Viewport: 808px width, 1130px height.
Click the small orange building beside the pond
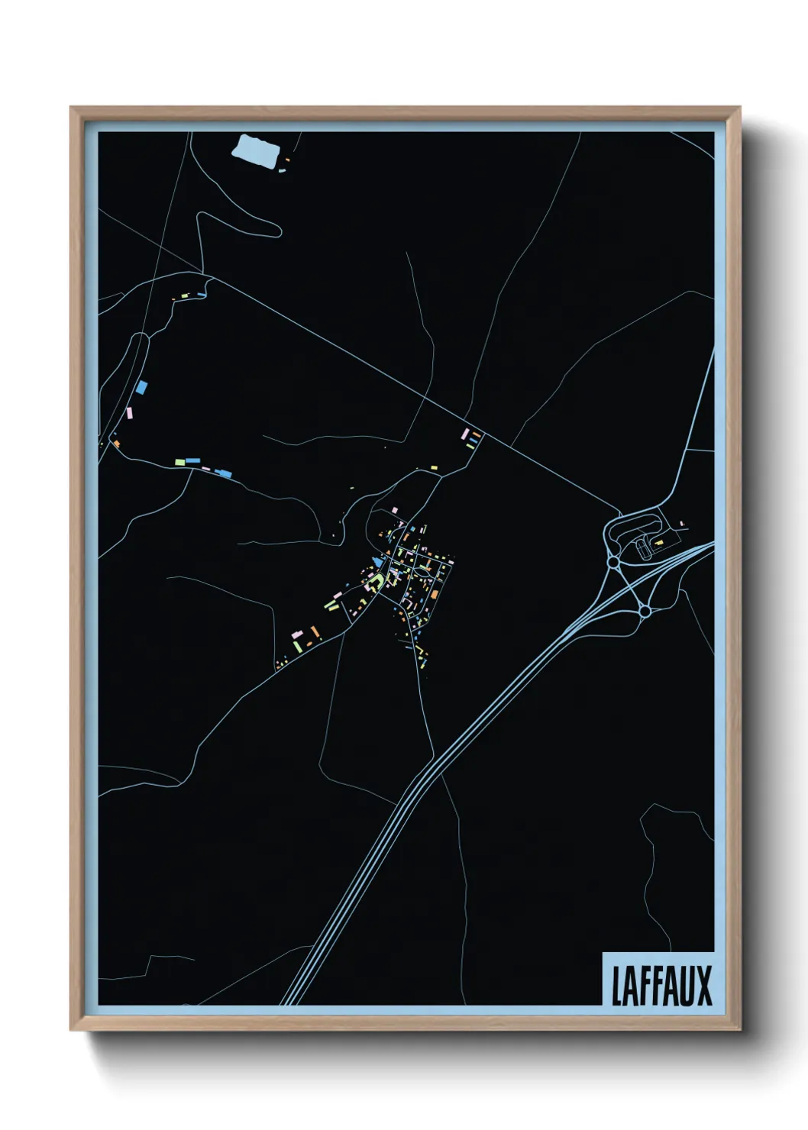click(x=287, y=160)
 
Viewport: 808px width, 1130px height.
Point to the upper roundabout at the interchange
click(x=613, y=563)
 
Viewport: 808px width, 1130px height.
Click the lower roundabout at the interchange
click(x=645, y=611)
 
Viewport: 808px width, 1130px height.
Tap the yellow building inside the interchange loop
click(x=658, y=541)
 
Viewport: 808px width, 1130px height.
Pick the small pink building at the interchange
click(x=682, y=524)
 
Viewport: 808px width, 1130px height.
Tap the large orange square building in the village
click(x=433, y=593)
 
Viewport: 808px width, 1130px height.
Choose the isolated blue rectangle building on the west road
click(x=141, y=386)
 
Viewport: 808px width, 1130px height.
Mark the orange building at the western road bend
click(x=116, y=443)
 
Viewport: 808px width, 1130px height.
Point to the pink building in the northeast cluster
click(x=464, y=434)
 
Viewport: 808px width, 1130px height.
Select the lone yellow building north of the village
click(x=434, y=467)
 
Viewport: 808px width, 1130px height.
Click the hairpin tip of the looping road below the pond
click(x=276, y=227)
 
